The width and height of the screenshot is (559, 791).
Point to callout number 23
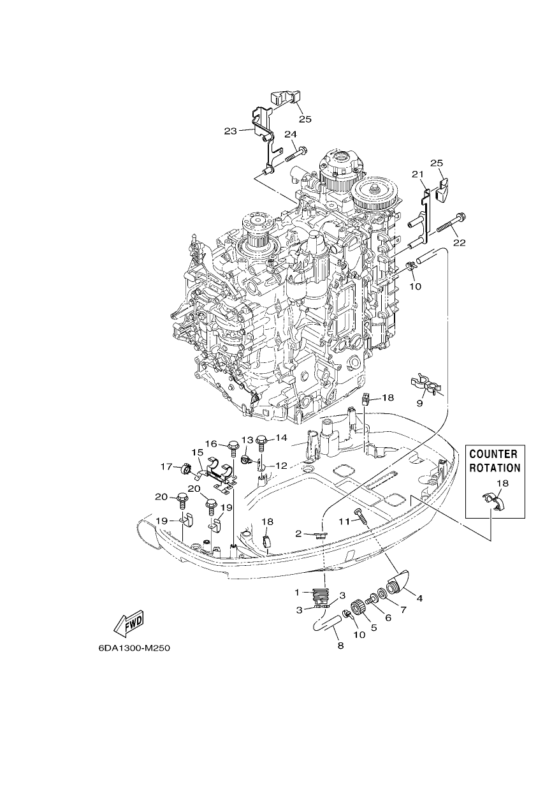[231, 131]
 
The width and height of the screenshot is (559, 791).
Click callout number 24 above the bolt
[291, 135]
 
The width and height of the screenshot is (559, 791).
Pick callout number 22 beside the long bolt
[460, 242]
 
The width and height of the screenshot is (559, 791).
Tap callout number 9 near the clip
[419, 403]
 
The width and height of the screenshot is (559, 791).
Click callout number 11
[344, 521]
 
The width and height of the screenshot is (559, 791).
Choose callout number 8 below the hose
[340, 646]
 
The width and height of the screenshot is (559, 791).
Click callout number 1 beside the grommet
[297, 592]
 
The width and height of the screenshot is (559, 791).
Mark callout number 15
[198, 452]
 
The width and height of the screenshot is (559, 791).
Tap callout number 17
[166, 467]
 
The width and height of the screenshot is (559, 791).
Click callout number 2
[298, 533]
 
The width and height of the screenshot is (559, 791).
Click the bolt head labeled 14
[262, 439]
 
